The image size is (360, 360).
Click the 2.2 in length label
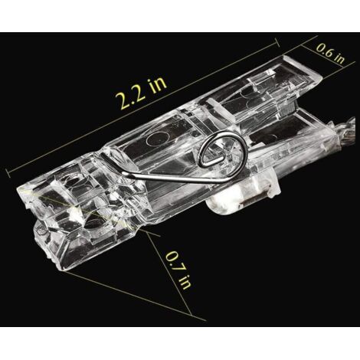[141, 93]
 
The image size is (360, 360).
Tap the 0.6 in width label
[331, 54]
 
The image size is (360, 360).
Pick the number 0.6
[325, 51]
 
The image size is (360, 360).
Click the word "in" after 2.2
[158, 83]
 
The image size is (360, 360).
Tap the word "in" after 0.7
[185, 282]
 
